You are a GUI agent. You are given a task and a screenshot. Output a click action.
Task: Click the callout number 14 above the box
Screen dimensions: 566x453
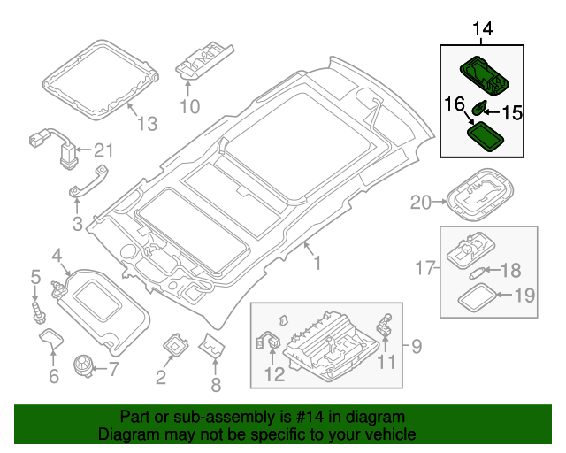483,28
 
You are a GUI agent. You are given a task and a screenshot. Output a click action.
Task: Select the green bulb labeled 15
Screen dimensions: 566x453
478,108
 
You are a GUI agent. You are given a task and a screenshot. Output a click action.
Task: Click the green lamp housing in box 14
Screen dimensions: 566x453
484,75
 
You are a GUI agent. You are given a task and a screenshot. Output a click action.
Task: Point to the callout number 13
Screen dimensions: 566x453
148,124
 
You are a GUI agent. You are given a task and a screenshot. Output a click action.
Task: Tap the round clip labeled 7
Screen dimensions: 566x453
83,365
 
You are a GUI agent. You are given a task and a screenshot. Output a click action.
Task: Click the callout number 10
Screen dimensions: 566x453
190,106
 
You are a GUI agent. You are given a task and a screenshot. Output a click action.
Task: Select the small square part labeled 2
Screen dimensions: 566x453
175,344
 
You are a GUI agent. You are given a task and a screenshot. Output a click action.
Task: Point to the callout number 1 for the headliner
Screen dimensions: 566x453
317,263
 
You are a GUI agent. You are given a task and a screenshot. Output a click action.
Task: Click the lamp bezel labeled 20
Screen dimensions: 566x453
480,195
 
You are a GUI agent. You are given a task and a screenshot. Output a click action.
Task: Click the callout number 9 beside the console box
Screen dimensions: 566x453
417,346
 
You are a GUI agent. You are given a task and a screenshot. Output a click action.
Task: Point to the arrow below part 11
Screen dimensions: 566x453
386,343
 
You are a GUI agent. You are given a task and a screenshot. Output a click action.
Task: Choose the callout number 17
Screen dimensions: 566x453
424,268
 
